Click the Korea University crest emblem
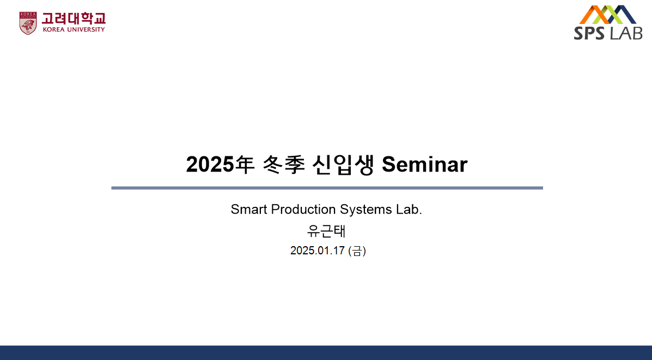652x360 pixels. click(28, 23)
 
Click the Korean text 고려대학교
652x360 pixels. click(74, 19)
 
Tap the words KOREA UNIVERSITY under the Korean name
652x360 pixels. click(74, 29)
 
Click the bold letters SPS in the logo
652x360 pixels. click(589, 33)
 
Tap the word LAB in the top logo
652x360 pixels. click(625, 33)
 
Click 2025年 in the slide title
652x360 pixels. click(220, 164)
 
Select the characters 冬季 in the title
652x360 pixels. click(284, 164)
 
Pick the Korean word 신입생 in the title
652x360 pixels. click(343, 164)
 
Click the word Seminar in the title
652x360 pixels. click(424, 164)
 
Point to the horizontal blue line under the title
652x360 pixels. click(327, 188)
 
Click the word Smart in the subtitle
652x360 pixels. click(249, 209)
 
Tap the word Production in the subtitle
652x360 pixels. click(303, 209)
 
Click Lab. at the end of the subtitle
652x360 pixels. click(409, 209)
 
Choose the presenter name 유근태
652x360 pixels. click(326, 231)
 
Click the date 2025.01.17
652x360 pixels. click(317, 251)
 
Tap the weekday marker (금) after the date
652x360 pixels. click(357, 251)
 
